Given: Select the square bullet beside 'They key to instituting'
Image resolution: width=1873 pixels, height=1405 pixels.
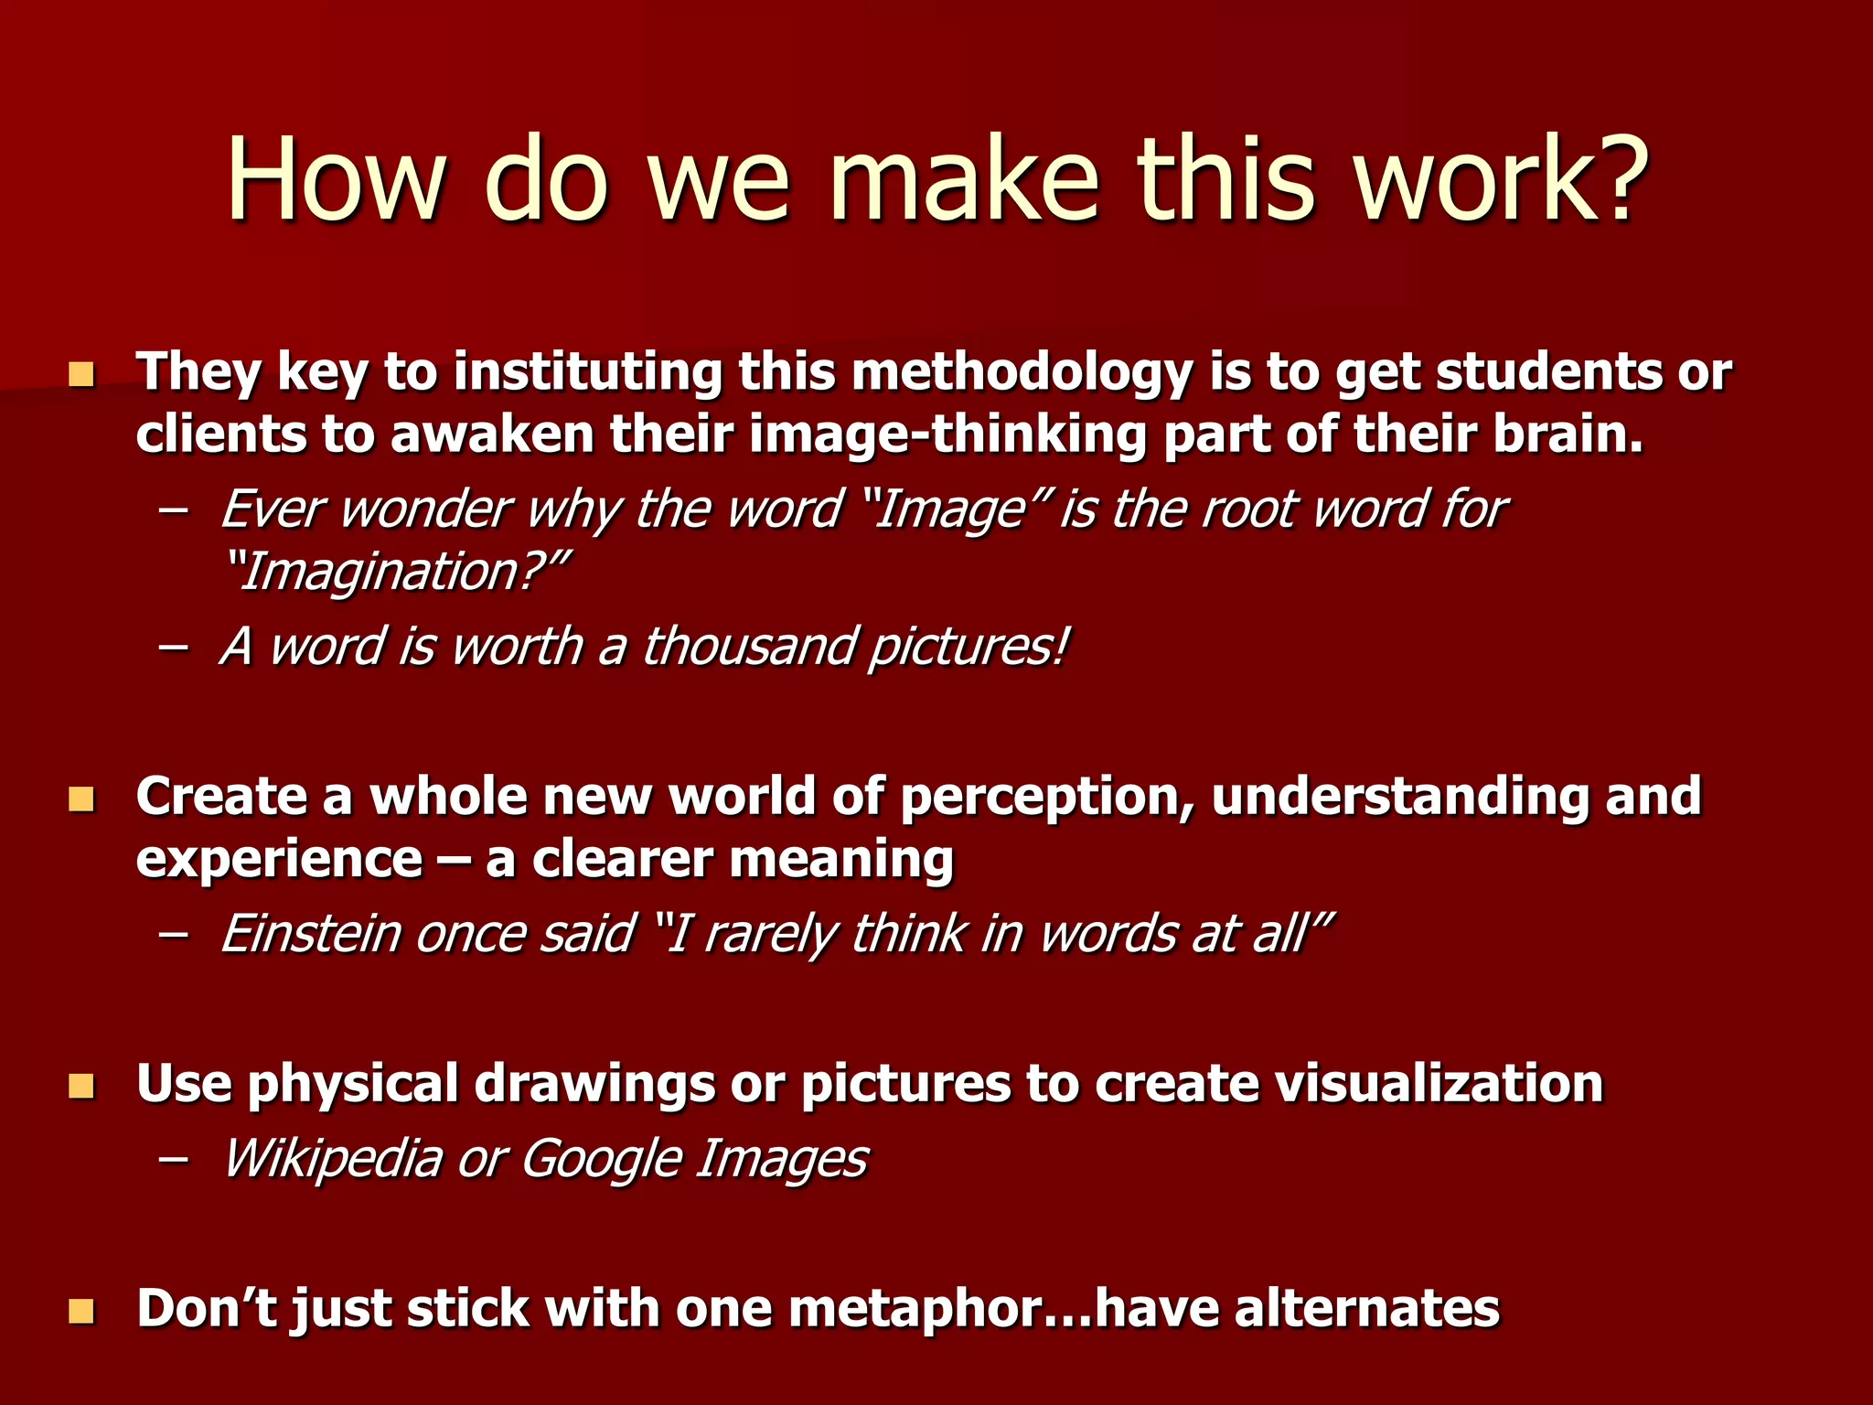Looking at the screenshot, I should (81, 374).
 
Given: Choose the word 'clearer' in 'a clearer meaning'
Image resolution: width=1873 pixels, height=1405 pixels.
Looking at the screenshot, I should (622, 860).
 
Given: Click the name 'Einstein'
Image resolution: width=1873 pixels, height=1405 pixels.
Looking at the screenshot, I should (311, 934).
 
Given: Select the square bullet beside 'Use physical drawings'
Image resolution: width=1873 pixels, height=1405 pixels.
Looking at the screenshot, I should (81, 1087).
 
